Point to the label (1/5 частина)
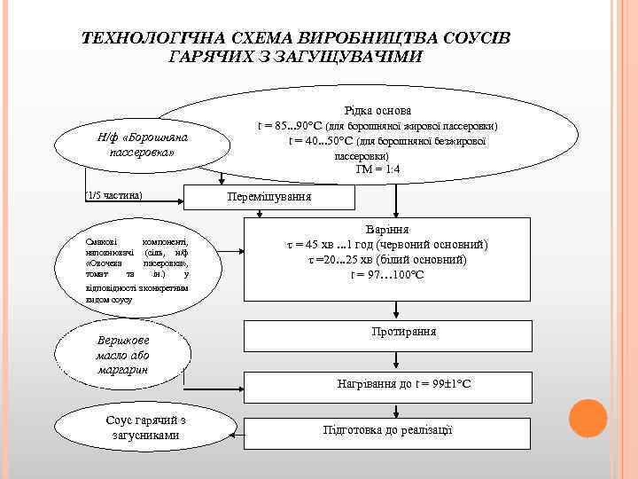[x=114, y=194]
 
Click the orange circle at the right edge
[x=586, y=419]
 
